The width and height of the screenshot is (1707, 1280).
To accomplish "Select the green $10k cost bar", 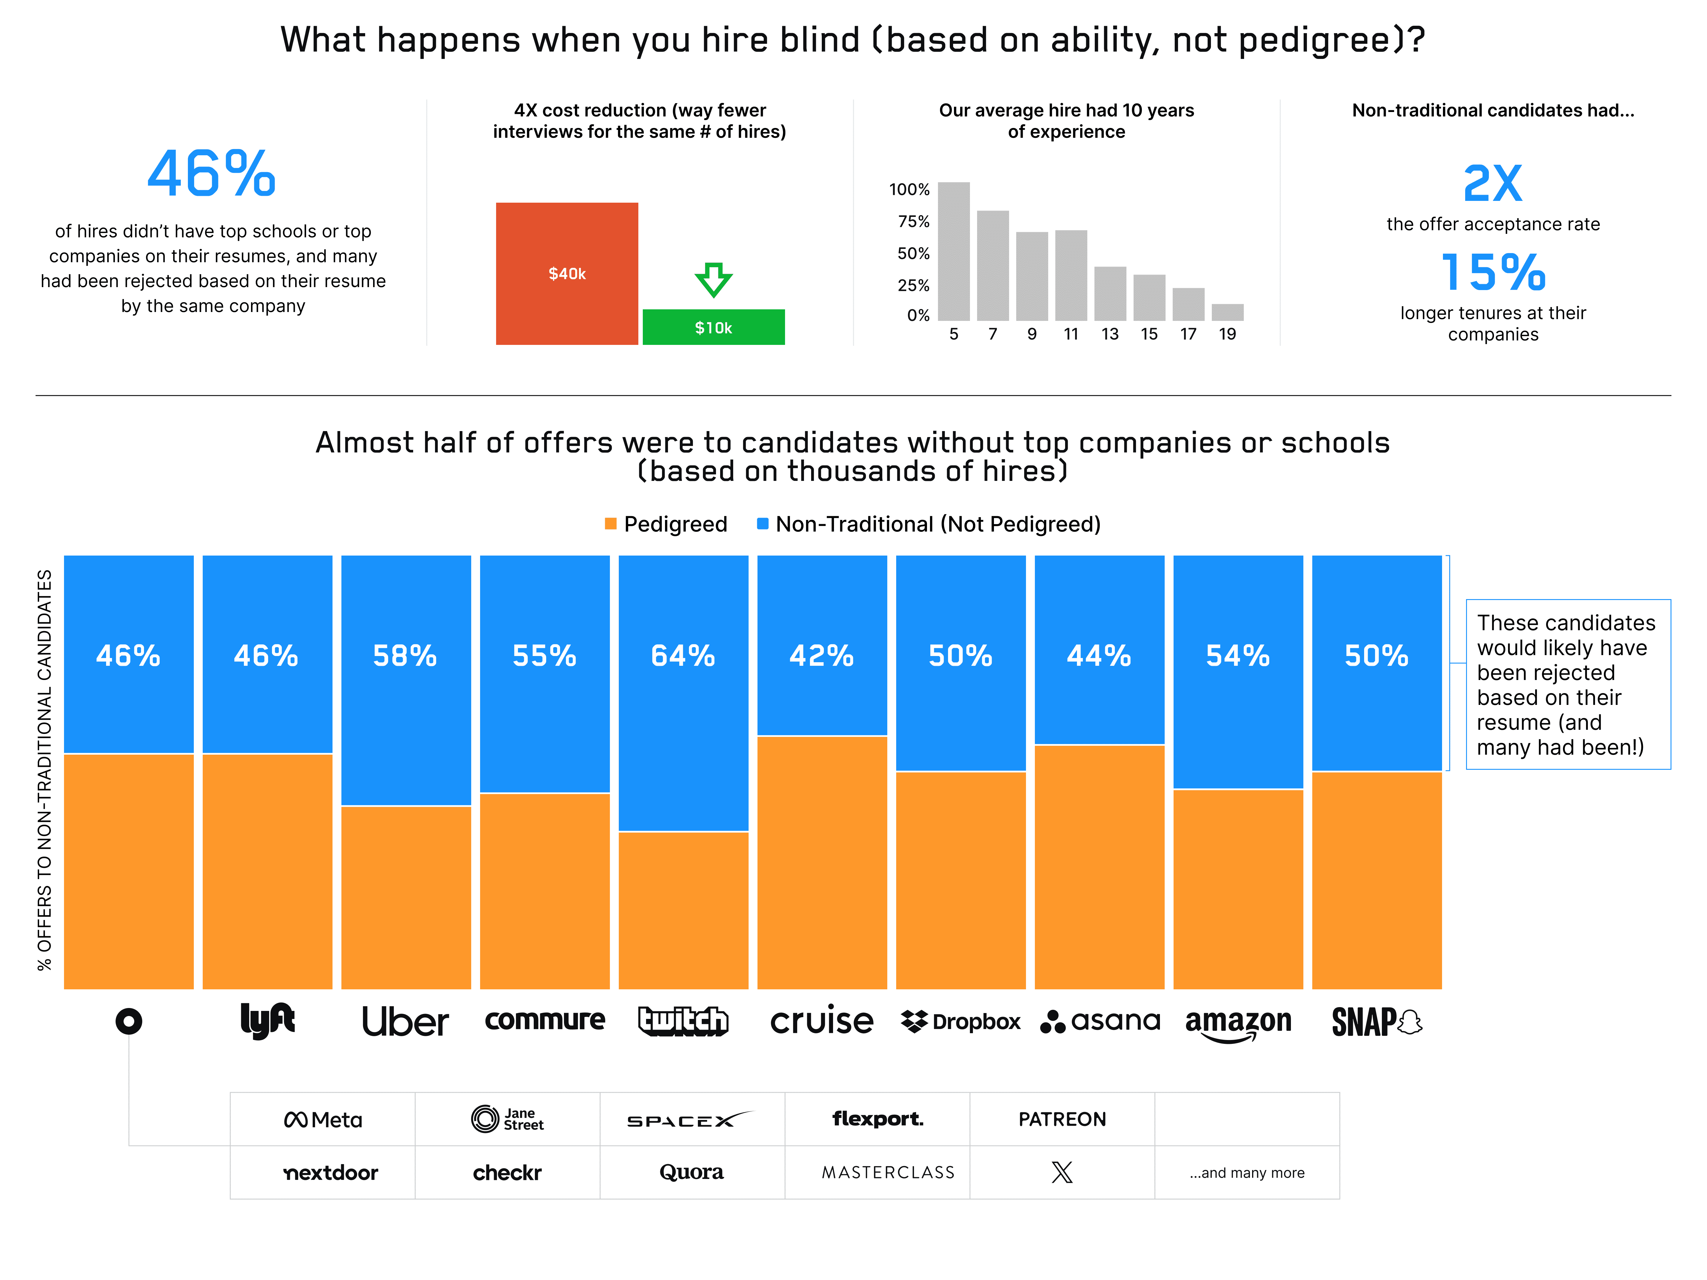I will (713, 327).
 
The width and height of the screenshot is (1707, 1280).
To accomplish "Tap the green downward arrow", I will (713, 279).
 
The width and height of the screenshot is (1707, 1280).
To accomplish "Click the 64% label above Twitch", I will (683, 656).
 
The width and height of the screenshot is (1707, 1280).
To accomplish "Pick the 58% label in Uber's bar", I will (405, 656).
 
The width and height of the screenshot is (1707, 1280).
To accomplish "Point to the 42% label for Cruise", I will (821, 656).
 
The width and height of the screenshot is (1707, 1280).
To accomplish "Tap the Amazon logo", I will (1238, 1022).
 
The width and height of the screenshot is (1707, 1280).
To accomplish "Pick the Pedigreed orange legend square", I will (610, 524).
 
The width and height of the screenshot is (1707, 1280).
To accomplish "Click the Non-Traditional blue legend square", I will (763, 524).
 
